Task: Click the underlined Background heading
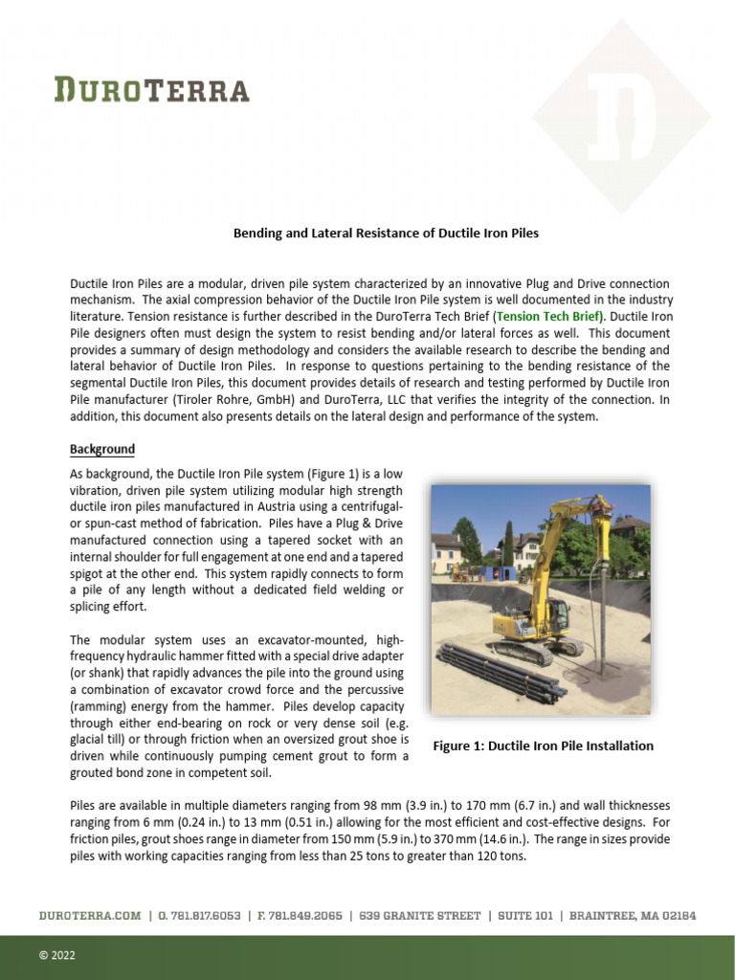(102, 449)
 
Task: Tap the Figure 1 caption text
(544, 746)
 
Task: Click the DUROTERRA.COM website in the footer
(89, 916)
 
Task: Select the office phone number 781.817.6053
(198, 916)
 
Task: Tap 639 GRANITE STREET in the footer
(420, 916)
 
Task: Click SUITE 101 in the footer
(524, 916)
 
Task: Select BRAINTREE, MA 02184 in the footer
(633, 916)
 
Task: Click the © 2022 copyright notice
(56, 955)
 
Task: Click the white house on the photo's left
(448, 552)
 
